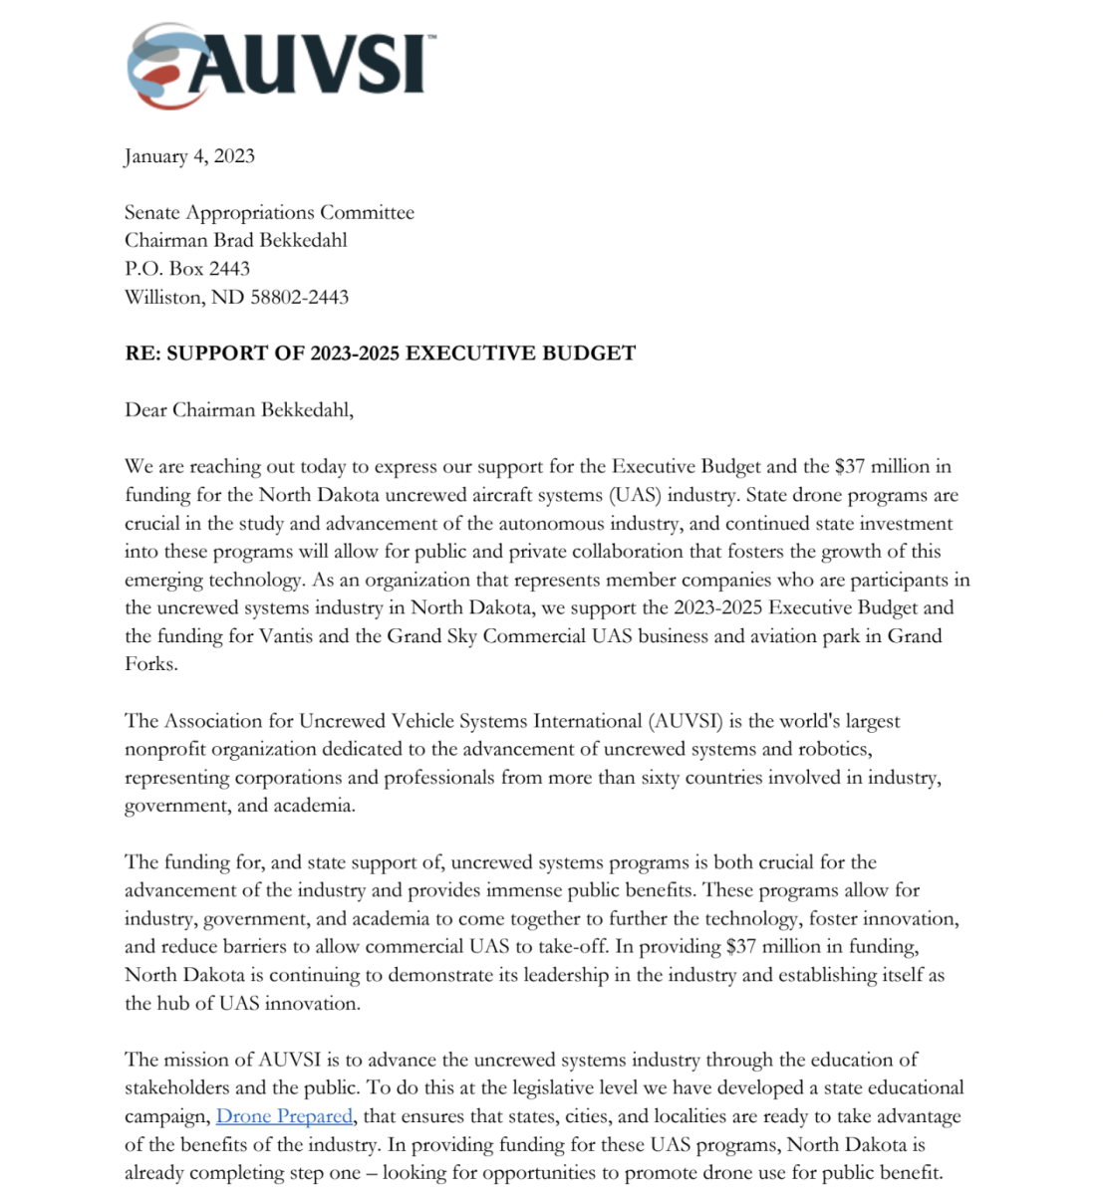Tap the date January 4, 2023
click(x=189, y=156)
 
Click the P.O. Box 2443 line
click(x=187, y=269)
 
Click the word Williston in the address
click(x=164, y=297)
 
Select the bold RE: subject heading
click(x=380, y=354)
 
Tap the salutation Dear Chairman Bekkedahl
click(x=239, y=410)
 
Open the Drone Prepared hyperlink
click(x=284, y=1116)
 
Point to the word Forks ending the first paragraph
click(x=150, y=663)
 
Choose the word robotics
click(x=834, y=749)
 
